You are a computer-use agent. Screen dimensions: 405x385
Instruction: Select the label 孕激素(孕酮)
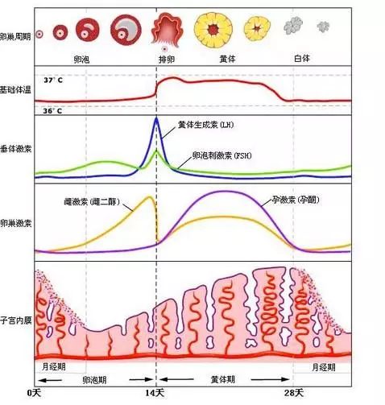point(295,198)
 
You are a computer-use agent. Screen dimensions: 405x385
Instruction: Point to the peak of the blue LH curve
point(156,119)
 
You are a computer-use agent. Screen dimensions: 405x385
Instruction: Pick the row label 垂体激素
point(15,149)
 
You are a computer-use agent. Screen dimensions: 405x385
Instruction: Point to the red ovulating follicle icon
point(166,27)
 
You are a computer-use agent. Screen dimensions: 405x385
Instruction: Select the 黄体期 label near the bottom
point(224,378)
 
